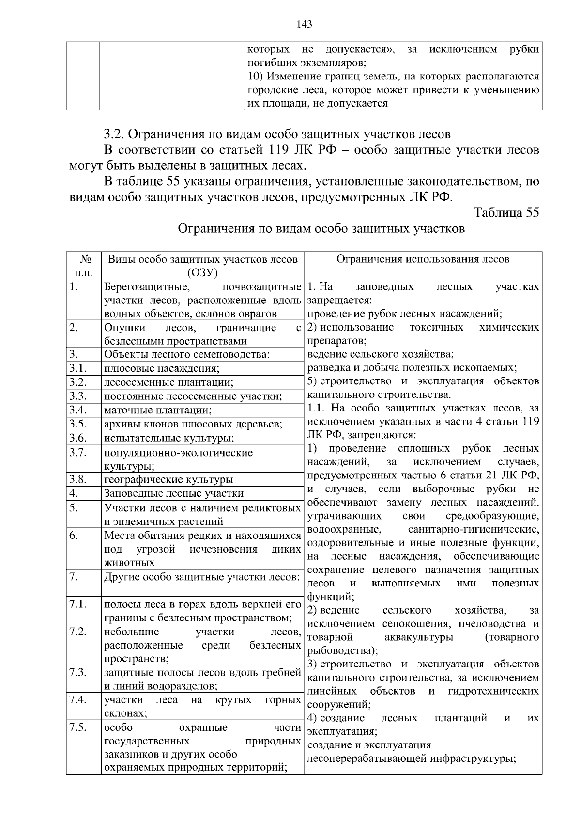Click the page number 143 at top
305,24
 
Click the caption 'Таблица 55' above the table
506,213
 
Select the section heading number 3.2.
115,134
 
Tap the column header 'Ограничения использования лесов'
423,259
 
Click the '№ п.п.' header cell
83,266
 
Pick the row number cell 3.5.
77,424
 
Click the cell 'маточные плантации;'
158,411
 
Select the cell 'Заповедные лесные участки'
174,493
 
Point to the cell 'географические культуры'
168,479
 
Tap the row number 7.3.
77,672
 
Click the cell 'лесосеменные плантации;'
168,382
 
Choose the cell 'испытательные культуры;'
169,438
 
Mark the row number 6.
74,535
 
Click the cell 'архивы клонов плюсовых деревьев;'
193,424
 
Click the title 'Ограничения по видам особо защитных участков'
321,228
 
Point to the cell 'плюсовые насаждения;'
162,368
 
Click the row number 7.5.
77,728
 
